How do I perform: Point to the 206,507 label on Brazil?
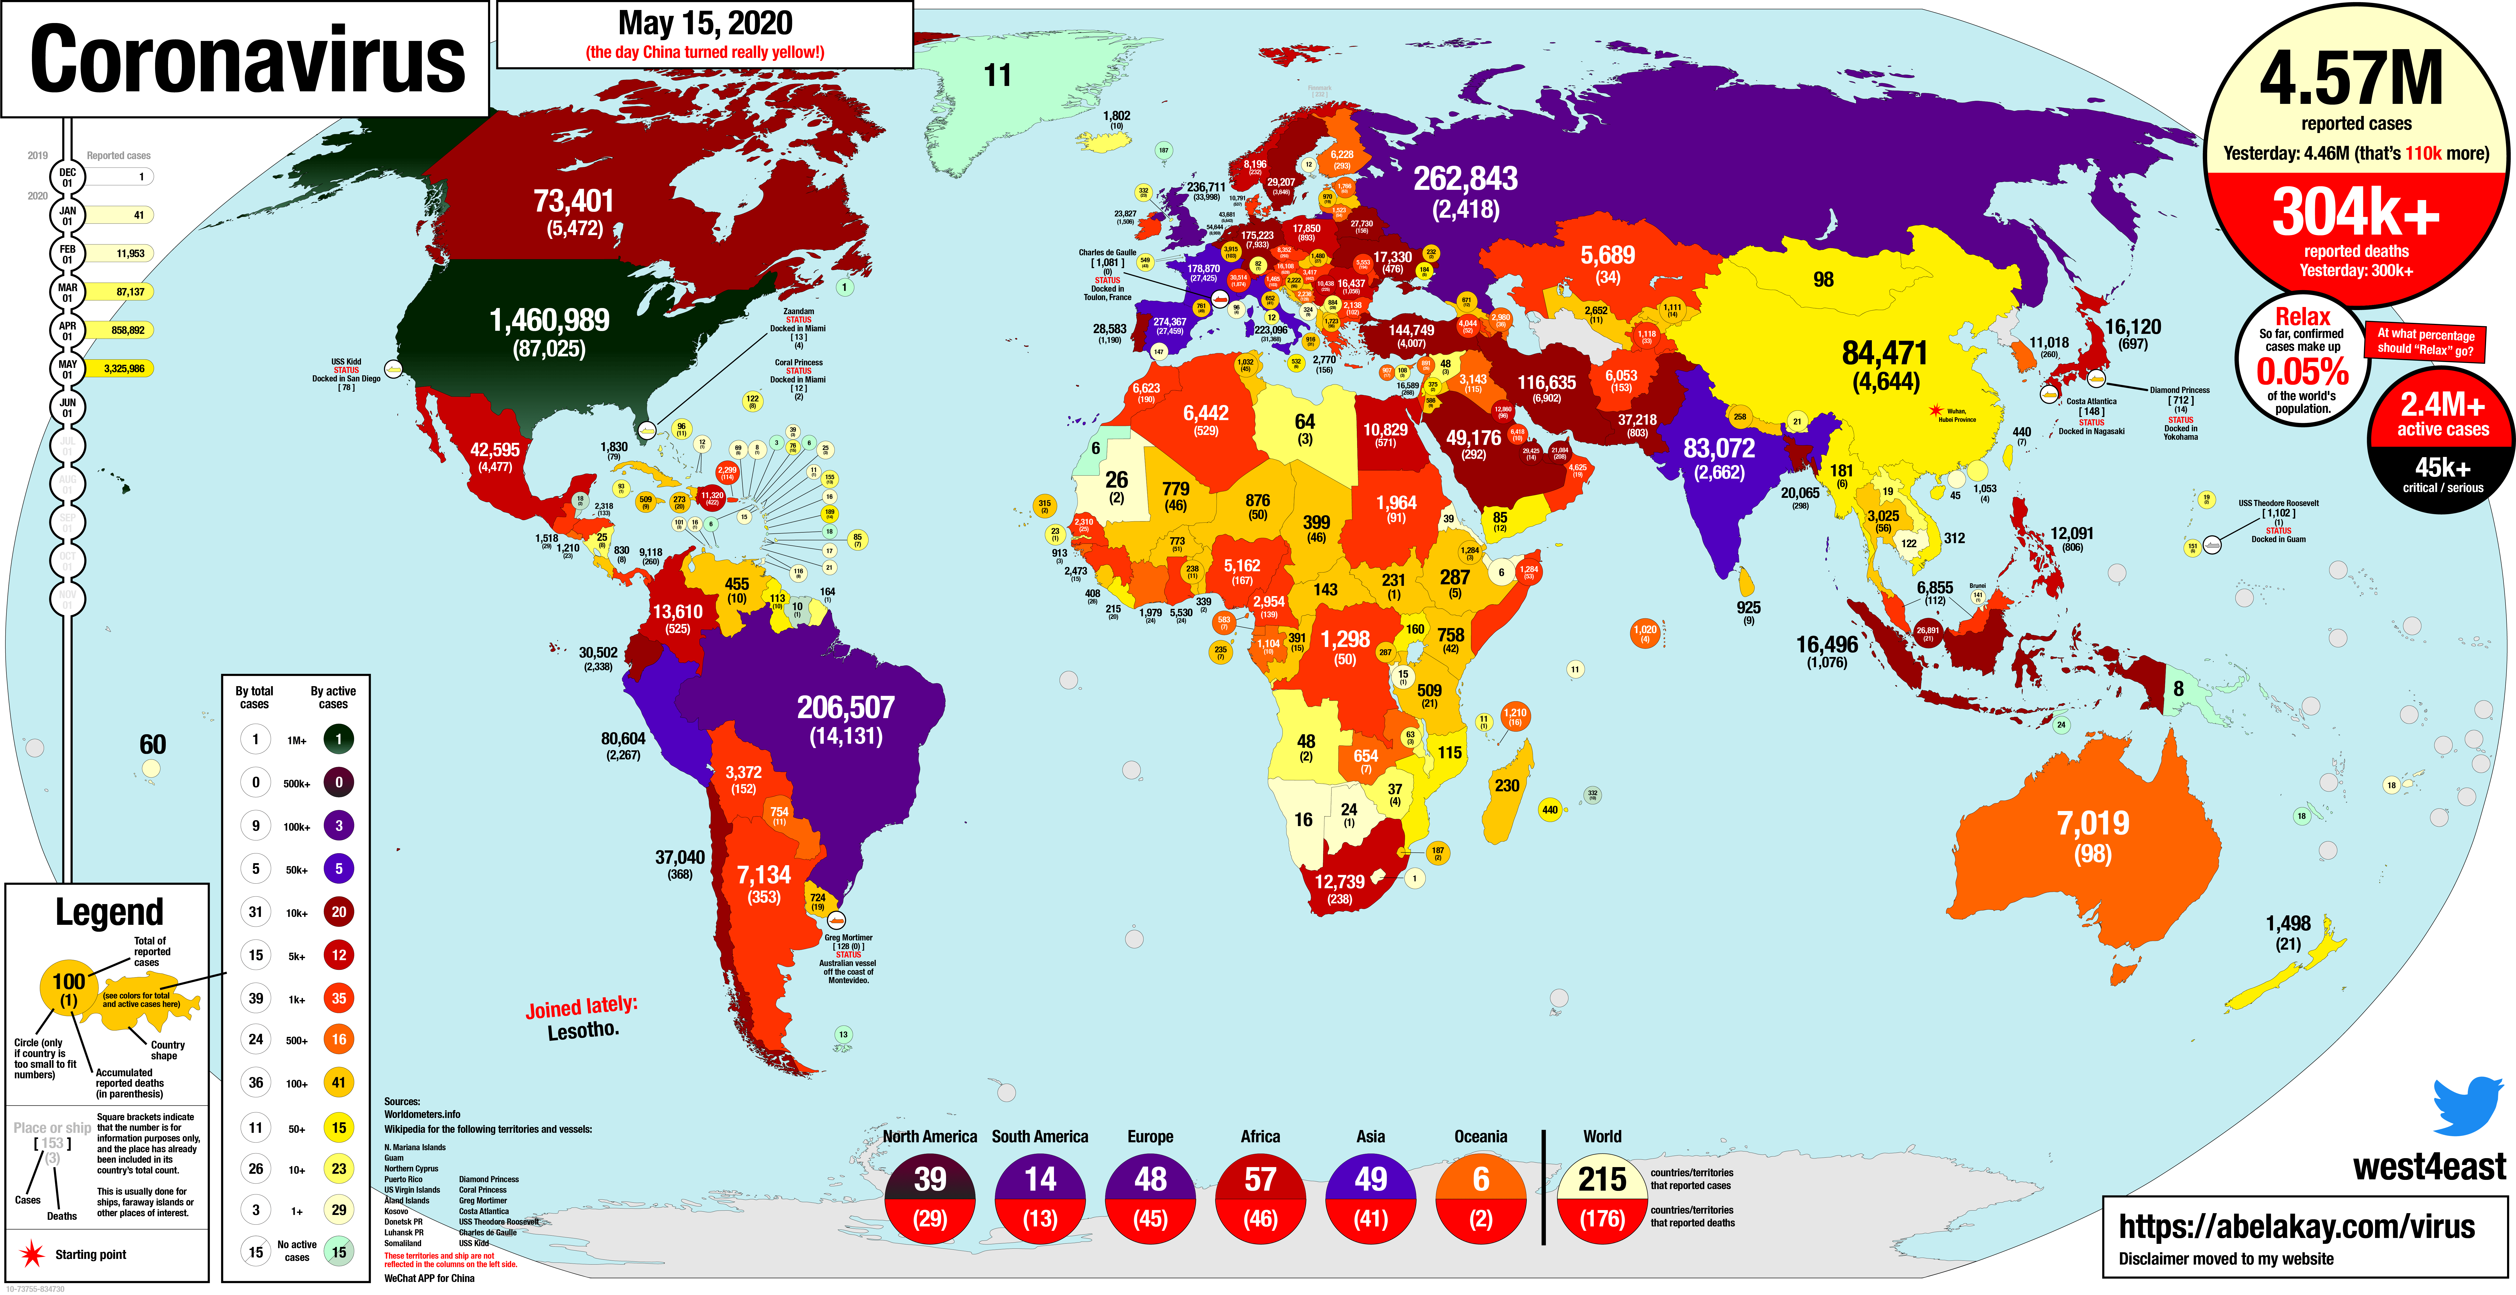click(846, 707)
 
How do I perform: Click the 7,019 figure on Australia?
click(2093, 823)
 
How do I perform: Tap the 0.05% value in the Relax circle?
click(2302, 372)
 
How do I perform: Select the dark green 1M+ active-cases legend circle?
click(339, 739)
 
